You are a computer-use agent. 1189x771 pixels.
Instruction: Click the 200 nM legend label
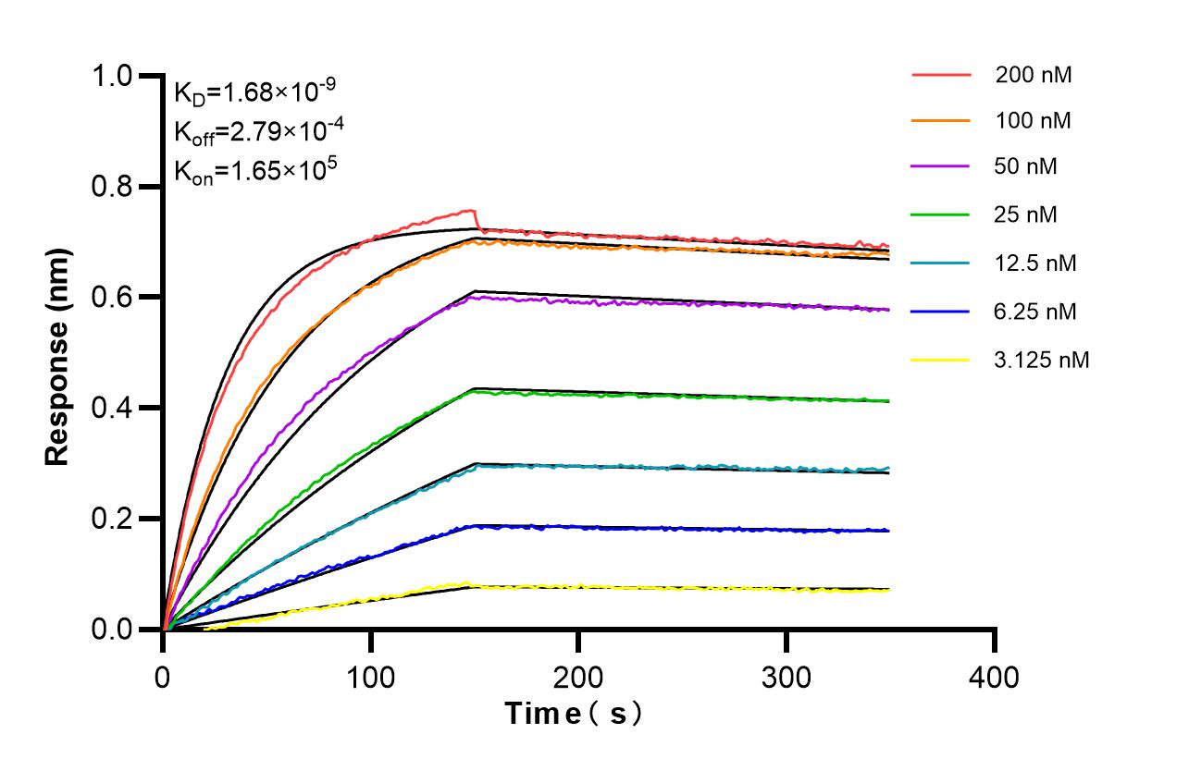pos(1034,76)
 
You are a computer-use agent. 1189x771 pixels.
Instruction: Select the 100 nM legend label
pos(1034,121)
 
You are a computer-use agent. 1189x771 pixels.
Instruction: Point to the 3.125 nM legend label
pos(1042,360)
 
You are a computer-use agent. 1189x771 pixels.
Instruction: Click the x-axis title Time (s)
pos(574,714)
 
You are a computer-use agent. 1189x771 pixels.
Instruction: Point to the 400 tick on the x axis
pos(994,677)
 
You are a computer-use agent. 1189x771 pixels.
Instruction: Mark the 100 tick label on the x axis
pos(370,677)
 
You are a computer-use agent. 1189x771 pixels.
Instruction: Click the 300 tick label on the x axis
pos(786,677)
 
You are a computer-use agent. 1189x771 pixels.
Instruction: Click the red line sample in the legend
pos(941,74)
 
